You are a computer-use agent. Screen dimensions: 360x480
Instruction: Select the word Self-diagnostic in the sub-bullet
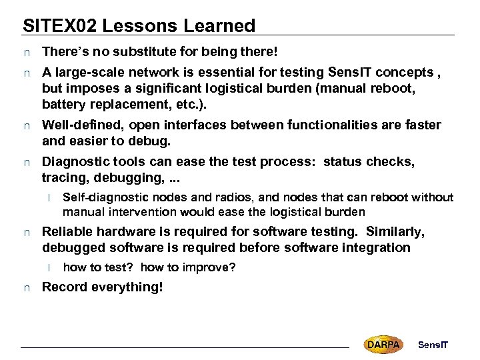pyautogui.click(x=101, y=197)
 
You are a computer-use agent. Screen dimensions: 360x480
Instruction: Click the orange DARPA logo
pyautogui.click(x=383, y=344)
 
